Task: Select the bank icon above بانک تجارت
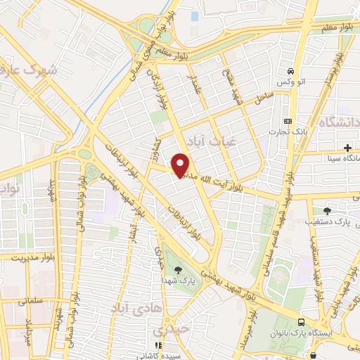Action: click(x=286, y=120)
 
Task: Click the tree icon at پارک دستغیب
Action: click(x=328, y=210)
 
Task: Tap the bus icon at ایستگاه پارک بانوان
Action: click(x=300, y=330)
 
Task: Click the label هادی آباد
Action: click(x=129, y=307)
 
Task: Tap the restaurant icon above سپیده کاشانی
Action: click(x=158, y=345)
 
